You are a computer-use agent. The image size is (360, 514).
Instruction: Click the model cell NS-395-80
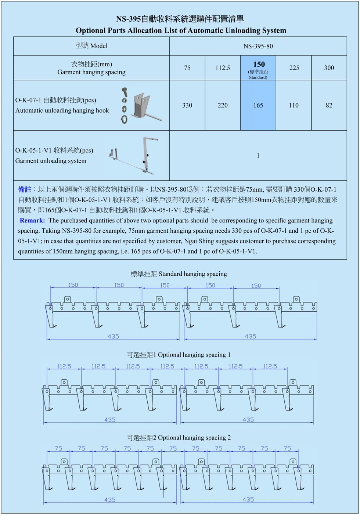tap(258, 46)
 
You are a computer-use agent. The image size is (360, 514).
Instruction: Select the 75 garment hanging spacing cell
tap(187, 68)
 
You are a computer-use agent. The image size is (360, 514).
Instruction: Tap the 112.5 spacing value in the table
tap(223, 68)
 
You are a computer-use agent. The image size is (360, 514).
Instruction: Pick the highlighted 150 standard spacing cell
tap(258, 68)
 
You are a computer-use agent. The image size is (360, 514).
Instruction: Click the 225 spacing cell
tap(294, 68)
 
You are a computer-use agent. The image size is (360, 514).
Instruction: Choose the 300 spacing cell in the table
tap(329, 68)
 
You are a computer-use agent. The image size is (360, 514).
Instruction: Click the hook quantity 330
tap(187, 105)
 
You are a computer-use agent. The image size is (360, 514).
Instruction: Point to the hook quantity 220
tap(223, 105)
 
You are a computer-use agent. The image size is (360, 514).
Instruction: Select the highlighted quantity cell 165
tap(258, 105)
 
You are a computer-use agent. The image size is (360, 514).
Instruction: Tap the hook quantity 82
tap(329, 105)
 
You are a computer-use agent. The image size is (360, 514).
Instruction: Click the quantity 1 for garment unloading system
tap(258, 156)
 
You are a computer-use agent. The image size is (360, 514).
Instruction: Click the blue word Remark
tap(32, 221)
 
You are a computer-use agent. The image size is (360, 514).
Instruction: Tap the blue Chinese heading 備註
tap(25, 190)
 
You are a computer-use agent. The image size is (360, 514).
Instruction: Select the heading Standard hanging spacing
tap(179, 274)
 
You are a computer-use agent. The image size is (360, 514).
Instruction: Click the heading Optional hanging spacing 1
tap(179, 355)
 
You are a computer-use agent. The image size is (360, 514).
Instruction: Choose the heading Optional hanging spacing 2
tap(179, 438)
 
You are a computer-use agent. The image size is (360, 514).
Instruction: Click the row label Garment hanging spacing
tap(91, 72)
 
